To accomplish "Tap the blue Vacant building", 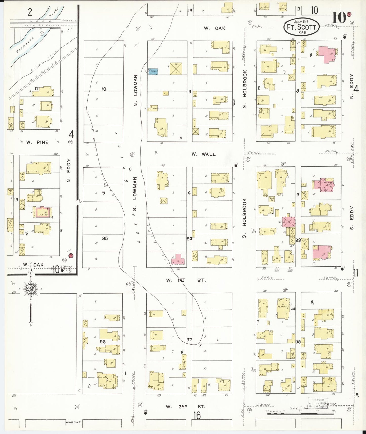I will click(153, 71).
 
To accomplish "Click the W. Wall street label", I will click(203, 154).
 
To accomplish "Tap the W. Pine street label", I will click(37, 142).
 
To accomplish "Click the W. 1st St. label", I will click(186, 280).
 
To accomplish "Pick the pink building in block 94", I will click(178, 260).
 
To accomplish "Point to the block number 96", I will click(102, 342).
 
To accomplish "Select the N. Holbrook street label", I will click(245, 89).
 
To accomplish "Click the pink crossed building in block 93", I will click(288, 222).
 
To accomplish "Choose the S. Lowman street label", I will click(135, 194).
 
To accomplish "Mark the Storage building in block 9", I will click(153, 108).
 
